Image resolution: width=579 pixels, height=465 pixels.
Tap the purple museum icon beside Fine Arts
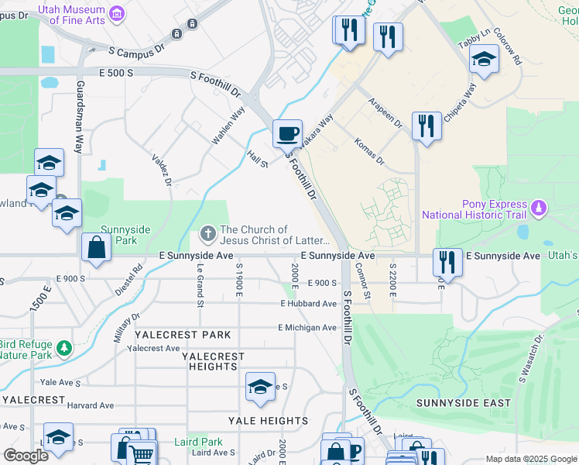(x=117, y=12)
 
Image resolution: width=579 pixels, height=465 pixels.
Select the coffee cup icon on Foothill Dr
(x=287, y=133)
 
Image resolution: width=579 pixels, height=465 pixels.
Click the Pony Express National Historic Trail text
(x=473, y=208)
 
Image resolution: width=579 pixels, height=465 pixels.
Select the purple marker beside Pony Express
(x=540, y=208)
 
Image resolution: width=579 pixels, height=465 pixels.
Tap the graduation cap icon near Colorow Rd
(x=484, y=60)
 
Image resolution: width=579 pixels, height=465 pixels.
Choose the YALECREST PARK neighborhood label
(x=183, y=335)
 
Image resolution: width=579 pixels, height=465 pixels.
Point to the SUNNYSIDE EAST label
(x=463, y=403)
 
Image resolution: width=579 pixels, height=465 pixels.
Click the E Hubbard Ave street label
(x=308, y=304)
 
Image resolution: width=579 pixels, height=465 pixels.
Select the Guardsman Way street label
(x=80, y=116)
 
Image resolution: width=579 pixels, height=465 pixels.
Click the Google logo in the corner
(x=26, y=455)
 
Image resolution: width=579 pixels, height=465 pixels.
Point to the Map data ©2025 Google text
(x=530, y=459)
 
